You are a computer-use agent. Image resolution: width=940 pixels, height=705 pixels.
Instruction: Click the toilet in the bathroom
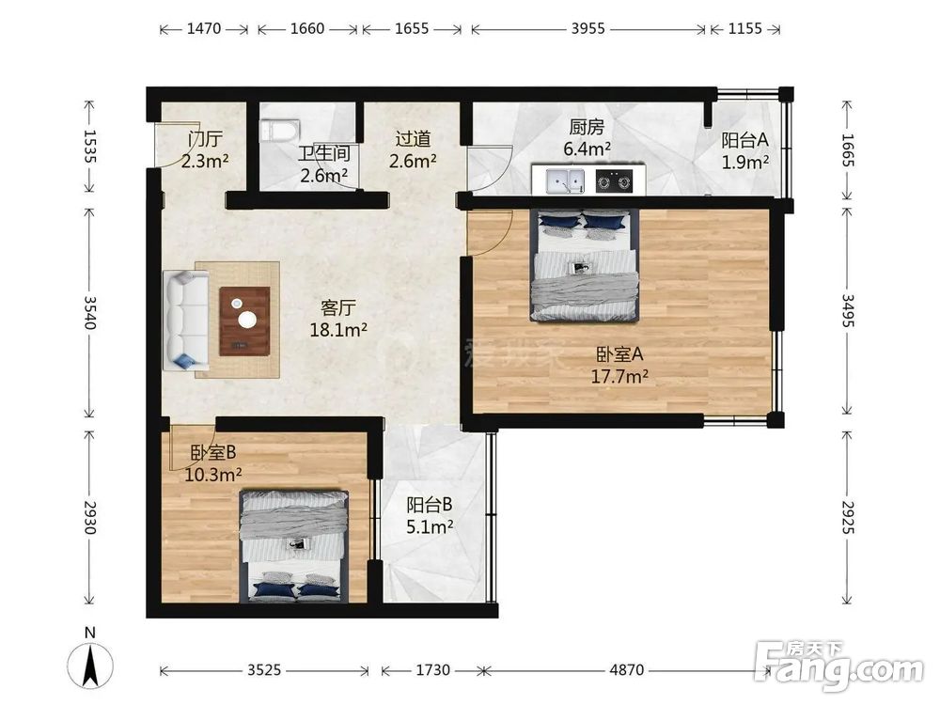[x=280, y=130]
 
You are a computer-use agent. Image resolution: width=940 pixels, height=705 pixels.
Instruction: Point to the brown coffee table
[x=244, y=321]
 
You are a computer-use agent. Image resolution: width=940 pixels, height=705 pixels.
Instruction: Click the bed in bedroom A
[x=584, y=264]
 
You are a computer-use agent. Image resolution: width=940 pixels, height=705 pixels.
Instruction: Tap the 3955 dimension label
[x=587, y=29]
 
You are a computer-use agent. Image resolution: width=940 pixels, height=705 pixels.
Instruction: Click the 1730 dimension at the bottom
[x=432, y=669]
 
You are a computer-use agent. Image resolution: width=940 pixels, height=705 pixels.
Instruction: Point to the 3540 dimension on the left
[x=89, y=312]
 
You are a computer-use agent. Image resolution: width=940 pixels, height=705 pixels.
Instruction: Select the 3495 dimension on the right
[x=848, y=310]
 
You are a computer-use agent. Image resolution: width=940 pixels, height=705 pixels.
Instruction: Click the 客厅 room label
[x=338, y=308]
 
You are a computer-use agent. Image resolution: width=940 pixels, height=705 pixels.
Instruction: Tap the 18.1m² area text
[x=338, y=329]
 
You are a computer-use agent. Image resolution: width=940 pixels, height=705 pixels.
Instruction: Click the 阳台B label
[x=430, y=505]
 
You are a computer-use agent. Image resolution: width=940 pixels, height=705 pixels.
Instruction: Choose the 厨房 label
[x=587, y=127]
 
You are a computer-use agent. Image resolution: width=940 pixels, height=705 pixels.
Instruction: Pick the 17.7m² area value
[x=619, y=376]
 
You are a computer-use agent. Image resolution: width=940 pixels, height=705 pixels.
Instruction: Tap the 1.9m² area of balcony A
[x=745, y=162]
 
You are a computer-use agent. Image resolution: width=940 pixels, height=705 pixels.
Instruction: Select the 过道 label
[x=413, y=139]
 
